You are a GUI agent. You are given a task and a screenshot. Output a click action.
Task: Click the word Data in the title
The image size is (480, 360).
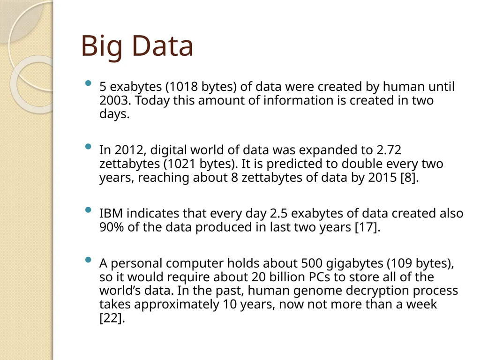click(162, 46)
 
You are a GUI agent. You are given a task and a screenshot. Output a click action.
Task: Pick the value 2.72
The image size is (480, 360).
click(389, 150)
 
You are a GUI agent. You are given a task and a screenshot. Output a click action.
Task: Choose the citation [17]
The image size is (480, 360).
click(367, 227)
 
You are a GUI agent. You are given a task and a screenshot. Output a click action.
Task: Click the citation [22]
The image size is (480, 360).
click(112, 318)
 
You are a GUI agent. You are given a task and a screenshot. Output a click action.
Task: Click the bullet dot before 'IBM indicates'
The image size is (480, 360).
click(88, 210)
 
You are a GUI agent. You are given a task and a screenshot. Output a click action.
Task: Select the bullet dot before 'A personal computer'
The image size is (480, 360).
click(88, 260)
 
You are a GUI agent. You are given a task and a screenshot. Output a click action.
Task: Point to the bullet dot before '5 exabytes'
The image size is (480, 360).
click(88, 84)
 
